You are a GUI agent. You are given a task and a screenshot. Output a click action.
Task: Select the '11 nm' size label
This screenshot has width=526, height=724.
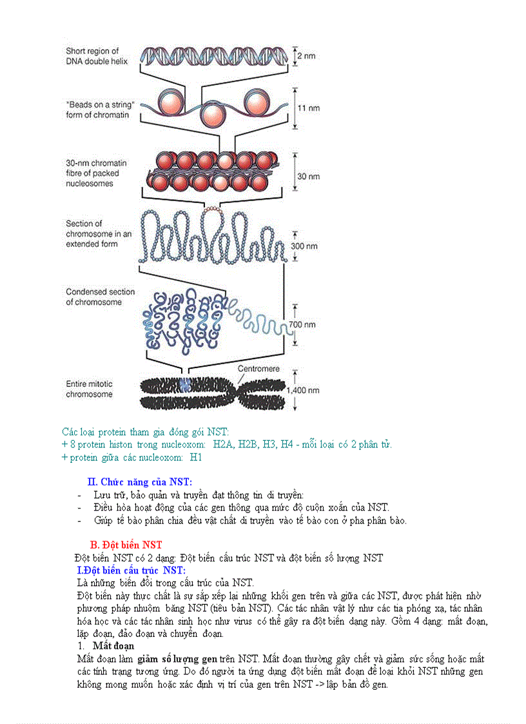point(310,108)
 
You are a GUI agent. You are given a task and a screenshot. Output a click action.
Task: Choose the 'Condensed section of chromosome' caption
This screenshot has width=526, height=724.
point(100,297)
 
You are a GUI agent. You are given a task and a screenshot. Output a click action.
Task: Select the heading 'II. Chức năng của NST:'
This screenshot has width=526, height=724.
point(140,482)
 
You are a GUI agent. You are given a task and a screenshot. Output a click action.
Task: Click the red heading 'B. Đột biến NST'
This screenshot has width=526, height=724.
point(126,545)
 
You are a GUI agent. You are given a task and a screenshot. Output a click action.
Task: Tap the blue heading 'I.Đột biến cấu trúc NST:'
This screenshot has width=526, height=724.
point(131,570)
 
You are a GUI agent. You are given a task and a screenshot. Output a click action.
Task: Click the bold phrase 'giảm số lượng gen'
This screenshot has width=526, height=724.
point(176,659)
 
